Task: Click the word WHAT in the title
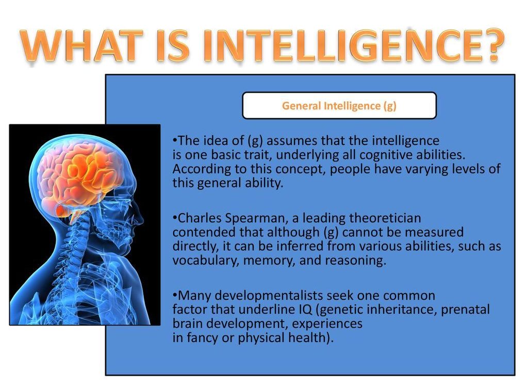[x=81, y=46]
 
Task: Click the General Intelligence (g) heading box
[x=339, y=105]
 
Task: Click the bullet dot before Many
[x=175, y=295]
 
